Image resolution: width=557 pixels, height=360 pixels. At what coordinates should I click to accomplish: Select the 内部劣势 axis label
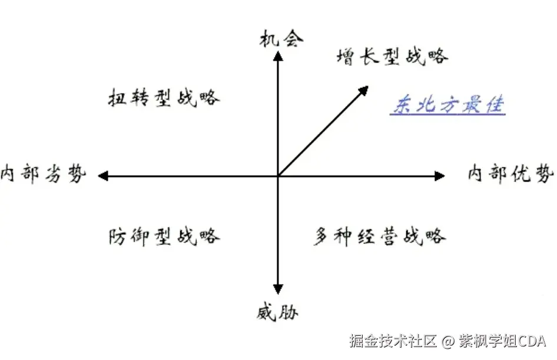pyautogui.click(x=44, y=174)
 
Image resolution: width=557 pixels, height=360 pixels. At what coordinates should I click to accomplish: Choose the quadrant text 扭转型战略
pyautogui.click(x=164, y=97)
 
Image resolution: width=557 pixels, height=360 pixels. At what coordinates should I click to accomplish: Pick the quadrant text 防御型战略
pyautogui.click(x=164, y=236)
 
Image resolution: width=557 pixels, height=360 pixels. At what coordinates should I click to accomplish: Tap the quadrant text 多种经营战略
pyautogui.click(x=379, y=236)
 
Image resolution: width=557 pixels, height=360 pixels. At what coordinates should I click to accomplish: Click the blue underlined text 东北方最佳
pyautogui.click(x=447, y=105)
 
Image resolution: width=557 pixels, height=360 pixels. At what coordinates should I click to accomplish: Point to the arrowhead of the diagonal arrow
pyautogui.click(x=363, y=91)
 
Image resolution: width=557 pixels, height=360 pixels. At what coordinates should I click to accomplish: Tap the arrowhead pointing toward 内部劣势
pyautogui.click(x=104, y=176)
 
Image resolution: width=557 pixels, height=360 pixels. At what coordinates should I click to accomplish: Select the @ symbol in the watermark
pyautogui.click(x=447, y=341)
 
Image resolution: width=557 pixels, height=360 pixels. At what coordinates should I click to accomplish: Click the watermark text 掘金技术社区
pyautogui.click(x=392, y=341)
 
